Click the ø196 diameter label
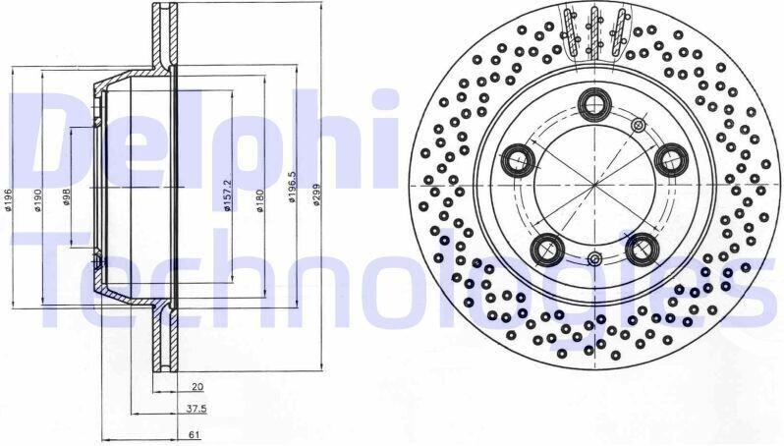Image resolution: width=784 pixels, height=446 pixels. click(9, 200)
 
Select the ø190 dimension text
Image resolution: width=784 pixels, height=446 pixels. click(38, 200)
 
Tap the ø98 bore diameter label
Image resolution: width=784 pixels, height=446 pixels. click(66, 197)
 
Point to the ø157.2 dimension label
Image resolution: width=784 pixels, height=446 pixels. click(228, 195)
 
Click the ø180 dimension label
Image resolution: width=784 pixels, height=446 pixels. click(260, 200)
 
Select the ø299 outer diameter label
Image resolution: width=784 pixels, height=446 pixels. click(315, 195)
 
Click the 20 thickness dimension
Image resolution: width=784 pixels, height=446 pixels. click(197, 386)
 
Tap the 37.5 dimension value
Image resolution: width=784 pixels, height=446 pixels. click(196, 409)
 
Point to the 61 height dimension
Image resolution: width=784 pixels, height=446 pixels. click(196, 435)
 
